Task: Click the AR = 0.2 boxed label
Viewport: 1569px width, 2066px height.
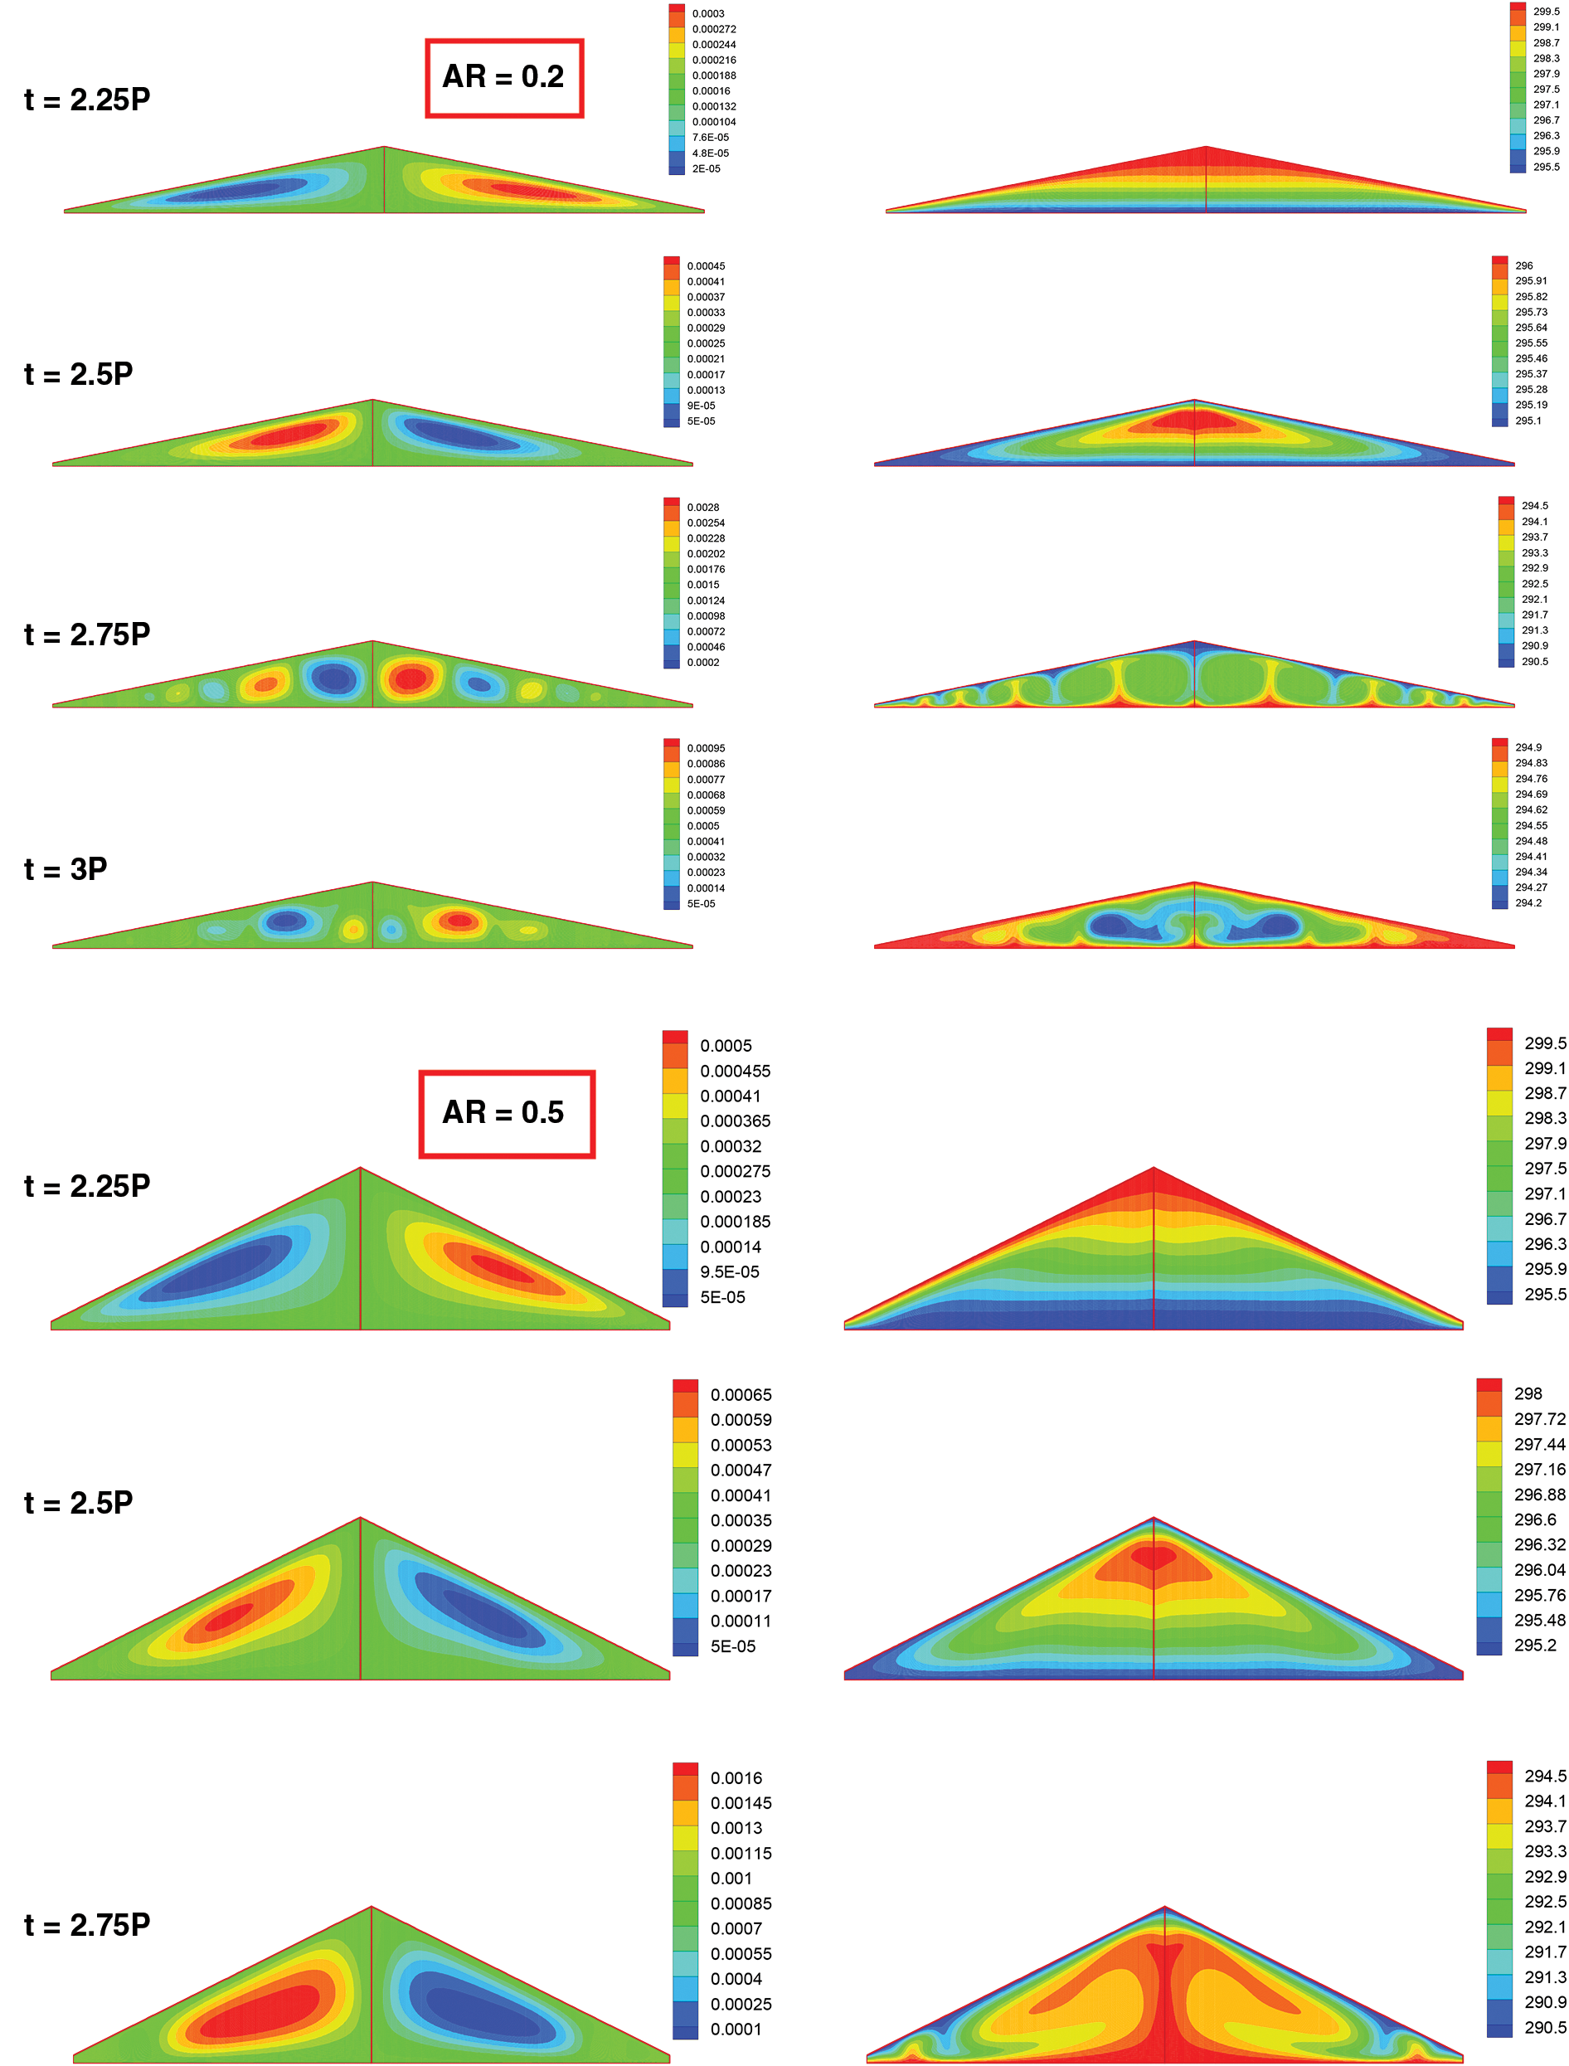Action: (x=504, y=77)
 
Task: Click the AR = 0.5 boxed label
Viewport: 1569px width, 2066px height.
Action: (x=505, y=1113)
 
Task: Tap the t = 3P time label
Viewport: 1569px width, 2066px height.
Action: (x=66, y=869)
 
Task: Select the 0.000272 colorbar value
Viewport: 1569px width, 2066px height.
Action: (x=713, y=29)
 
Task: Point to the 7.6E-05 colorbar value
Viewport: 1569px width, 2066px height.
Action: (x=710, y=138)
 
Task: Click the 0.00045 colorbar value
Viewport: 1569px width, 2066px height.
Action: (x=706, y=266)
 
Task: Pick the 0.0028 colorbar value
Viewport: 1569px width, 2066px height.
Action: (x=703, y=507)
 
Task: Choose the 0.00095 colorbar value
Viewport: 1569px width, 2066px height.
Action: (x=706, y=748)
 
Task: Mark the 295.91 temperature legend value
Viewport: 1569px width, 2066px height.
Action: (x=1531, y=281)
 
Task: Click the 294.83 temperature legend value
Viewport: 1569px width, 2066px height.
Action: (x=1531, y=763)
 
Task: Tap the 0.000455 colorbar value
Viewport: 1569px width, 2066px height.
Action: (x=735, y=1072)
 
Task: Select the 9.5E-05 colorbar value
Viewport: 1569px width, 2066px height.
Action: (x=730, y=1272)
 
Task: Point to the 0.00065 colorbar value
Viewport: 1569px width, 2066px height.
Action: (x=741, y=1394)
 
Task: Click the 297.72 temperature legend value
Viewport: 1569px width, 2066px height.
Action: (x=1539, y=1419)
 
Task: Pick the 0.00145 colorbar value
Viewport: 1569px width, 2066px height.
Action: (x=741, y=1804)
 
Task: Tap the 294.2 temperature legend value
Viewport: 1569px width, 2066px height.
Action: (x=1528, y=903)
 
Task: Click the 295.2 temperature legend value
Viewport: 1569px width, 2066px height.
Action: (x=1534, y=1645)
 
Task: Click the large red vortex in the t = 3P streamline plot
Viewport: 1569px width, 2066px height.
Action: (x=458, y=921)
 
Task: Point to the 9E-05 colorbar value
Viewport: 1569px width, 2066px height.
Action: (x=701, y=406)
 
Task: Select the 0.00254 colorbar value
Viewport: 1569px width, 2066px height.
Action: (x=706, y=523)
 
